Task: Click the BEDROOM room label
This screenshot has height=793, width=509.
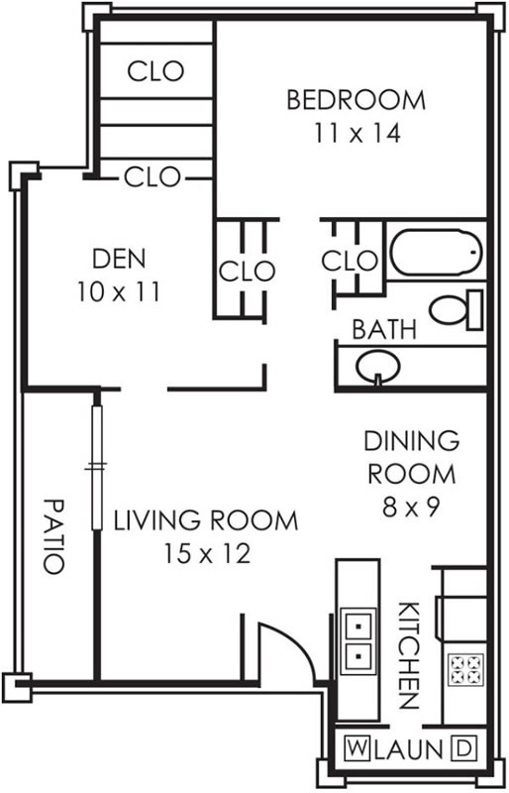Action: [356, 100]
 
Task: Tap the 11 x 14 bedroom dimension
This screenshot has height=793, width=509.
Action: [357, 133]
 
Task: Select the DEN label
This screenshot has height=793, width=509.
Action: [119, 259]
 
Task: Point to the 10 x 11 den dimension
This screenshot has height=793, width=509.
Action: [119, 291]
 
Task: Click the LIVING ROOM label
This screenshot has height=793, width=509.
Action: [206, 521]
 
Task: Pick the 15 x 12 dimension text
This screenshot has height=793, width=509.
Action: [207, 554]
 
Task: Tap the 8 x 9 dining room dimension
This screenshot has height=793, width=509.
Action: [411, 507]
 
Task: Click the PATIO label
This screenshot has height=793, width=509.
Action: [53, 536]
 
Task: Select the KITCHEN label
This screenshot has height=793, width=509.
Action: [408, 656]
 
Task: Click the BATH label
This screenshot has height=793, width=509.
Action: [384, 329]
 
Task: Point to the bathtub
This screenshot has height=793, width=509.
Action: [436, 253]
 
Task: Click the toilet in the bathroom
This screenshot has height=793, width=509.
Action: [456, 310]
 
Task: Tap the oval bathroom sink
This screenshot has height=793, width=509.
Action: [378, 367]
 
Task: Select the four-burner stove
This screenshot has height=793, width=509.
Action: [465, 670]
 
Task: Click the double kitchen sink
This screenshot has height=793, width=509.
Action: [358, 641]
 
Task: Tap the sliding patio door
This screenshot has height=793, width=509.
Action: [96, 467]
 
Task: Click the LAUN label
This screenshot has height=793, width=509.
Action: [409, 749]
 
